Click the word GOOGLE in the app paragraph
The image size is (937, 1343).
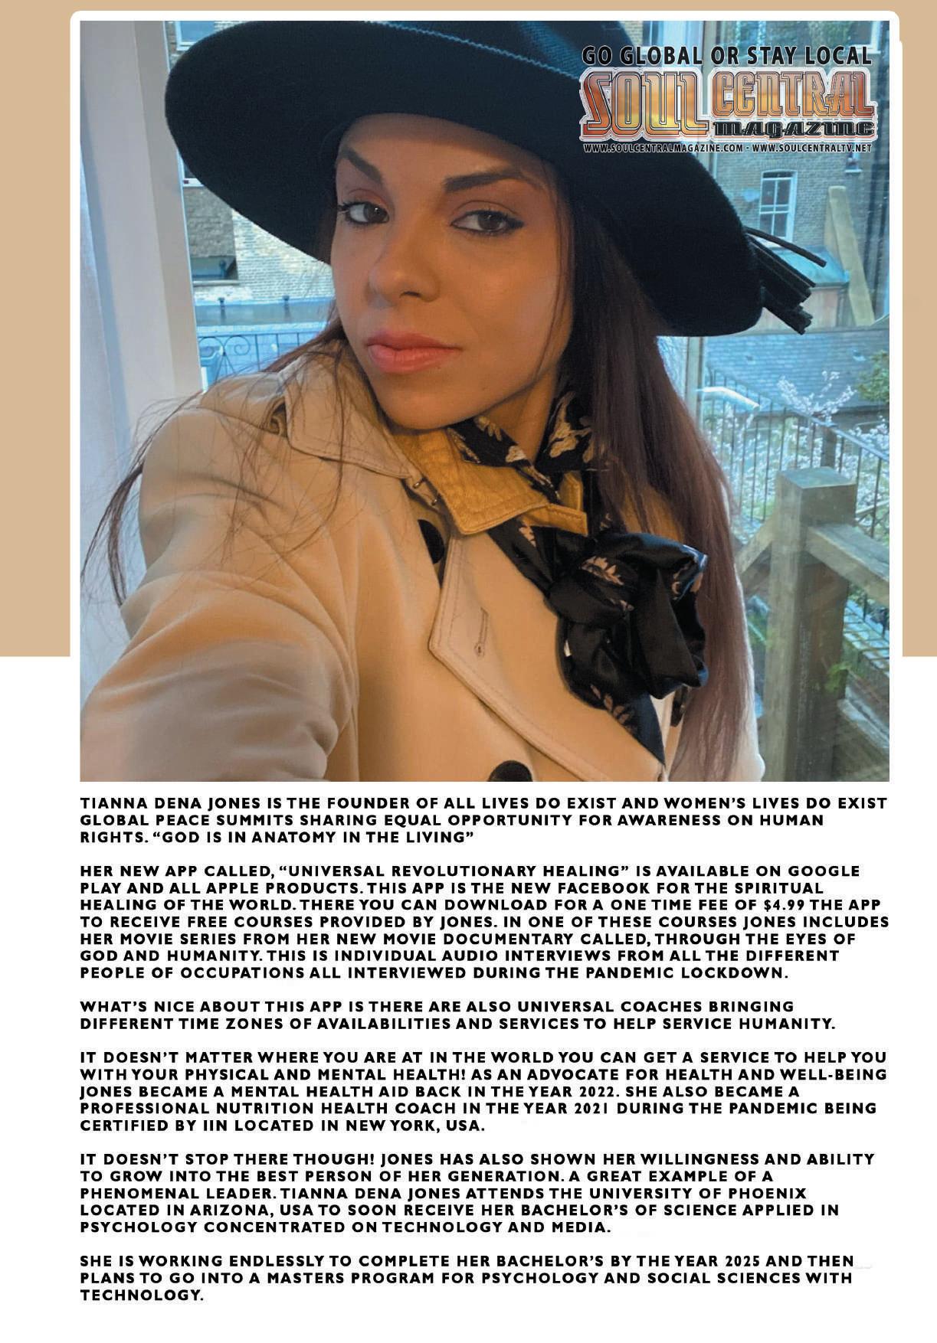tap(824, 871)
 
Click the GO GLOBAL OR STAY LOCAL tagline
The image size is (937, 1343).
tap(726, 55)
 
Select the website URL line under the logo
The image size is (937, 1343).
tap(726, 148)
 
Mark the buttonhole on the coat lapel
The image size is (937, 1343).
tap(481, 632)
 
